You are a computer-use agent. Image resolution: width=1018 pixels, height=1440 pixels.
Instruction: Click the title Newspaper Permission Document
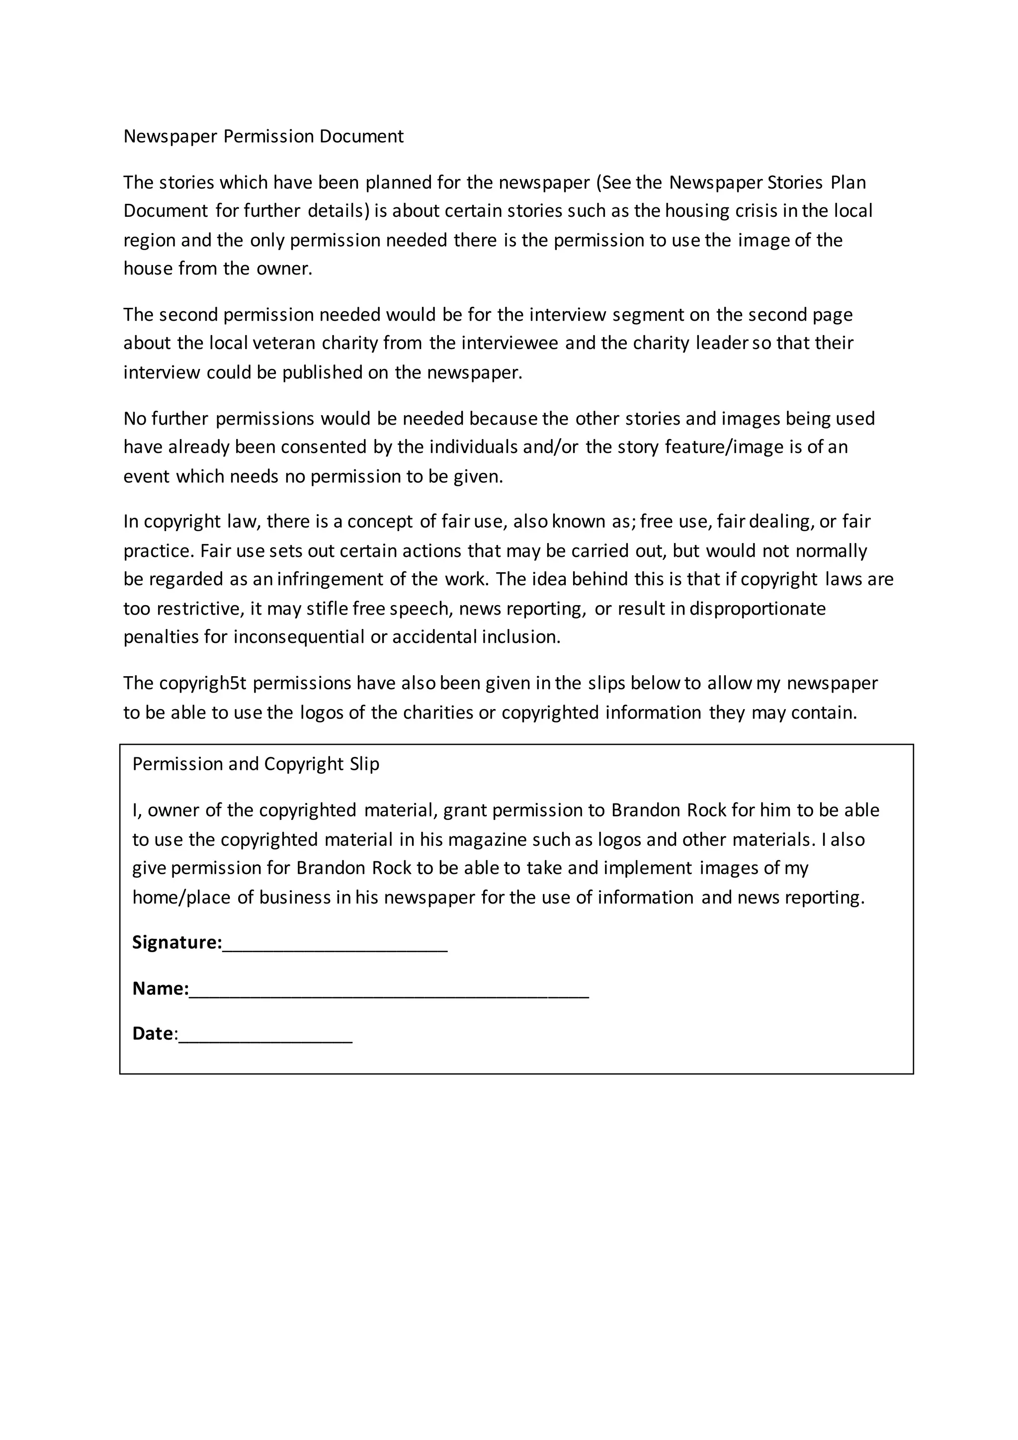click(263, 137)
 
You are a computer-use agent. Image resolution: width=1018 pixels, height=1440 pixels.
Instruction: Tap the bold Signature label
click(177, 943)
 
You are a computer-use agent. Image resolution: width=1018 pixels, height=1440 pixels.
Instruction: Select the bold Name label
click(160, 989)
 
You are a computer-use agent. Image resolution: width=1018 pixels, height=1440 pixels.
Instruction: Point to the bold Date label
click(153, 1034)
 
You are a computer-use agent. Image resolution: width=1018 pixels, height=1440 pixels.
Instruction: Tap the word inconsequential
click(299, 637)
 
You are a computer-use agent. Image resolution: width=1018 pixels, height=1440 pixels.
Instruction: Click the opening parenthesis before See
click(598, 182)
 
